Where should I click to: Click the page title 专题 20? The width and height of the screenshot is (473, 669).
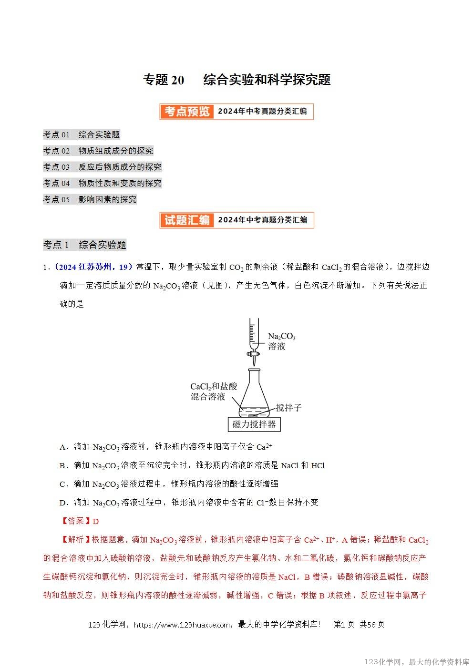(164, 80)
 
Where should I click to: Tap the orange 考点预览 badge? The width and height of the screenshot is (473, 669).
(187, 112)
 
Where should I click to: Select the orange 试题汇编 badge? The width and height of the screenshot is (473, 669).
(187, 220)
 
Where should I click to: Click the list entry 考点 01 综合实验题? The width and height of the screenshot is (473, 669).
(81, 134)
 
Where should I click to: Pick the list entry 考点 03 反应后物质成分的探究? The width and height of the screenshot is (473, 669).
(102, 167)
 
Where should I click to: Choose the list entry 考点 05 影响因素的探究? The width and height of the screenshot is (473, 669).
(90, 199)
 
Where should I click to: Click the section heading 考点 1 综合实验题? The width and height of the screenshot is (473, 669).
(84, 245)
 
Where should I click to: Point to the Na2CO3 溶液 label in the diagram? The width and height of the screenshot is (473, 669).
(281, 341)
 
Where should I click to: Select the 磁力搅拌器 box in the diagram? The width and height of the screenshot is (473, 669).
(254, 424)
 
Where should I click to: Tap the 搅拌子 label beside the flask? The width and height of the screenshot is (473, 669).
(288, 408)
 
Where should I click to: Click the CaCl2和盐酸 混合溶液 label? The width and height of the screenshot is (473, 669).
(213, 391)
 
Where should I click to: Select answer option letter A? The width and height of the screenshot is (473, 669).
(62, 447)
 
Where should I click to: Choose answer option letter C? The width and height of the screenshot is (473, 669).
(62, 484)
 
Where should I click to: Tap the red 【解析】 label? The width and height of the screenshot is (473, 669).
(72, 540)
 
